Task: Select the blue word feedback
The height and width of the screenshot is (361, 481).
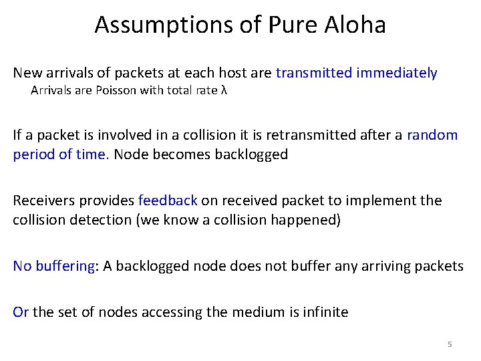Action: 168,201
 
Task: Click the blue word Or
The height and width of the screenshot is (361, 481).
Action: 21,312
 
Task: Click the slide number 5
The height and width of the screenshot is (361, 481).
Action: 450,344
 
